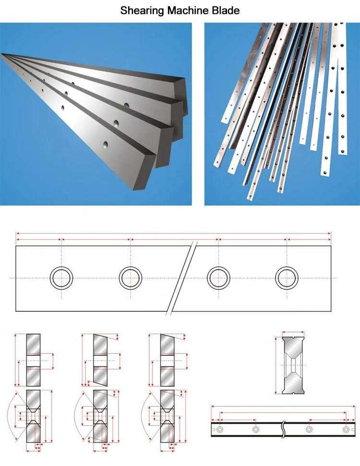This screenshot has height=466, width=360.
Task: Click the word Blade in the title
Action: (225, 10)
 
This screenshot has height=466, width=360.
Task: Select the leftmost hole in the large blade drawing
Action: (62, 278)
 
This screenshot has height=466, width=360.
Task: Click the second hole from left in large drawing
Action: (131, 278)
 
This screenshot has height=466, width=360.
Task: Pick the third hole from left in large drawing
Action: (218, 278)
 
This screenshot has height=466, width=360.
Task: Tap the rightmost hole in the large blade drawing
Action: (287, 278)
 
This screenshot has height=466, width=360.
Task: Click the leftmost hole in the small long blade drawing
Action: (220, 429)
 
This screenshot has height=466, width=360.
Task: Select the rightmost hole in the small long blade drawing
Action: (346, 429)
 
